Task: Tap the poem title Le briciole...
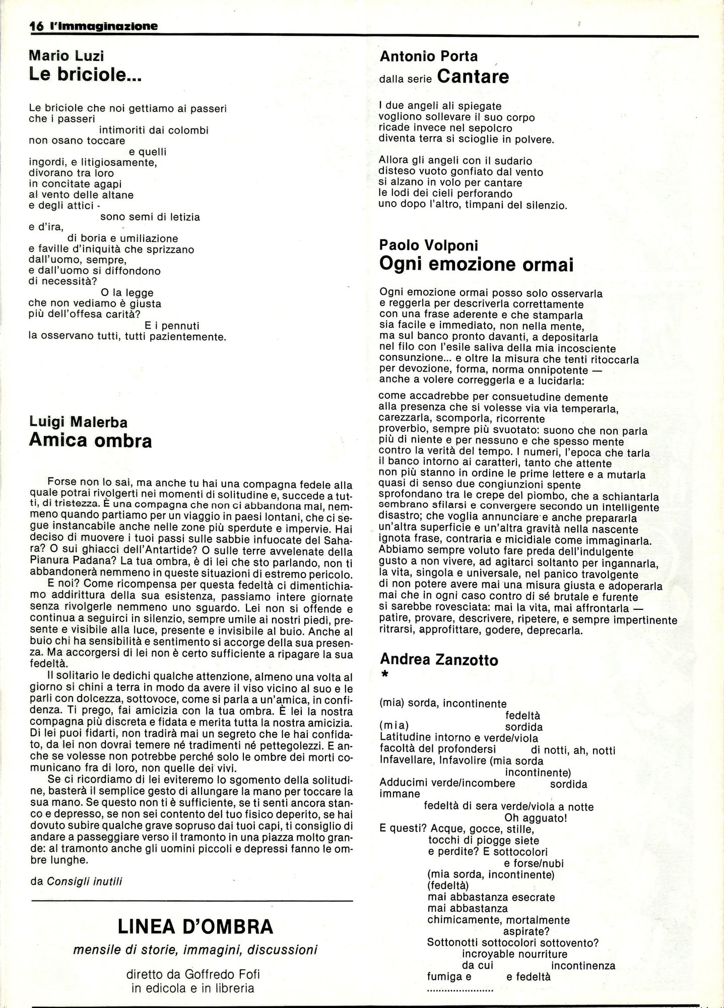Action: pyautogui.click(x=85, y=75)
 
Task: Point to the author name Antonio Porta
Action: pyautogui.click(x=429, y=56)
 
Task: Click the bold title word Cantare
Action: pyautogui.click(x=473, y=77)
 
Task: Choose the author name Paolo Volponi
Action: pyautogui.click(x=429, y=245)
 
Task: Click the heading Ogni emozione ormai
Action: pyautogui.click(x=476, y=265)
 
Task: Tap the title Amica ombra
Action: pyautogui.click(x=90, y=440)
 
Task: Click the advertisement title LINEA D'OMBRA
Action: pyautogui.click(x=195, y=926)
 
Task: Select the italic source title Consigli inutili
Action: pyautogui.click(x=85, y=881)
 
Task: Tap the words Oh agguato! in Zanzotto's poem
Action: pyautogui.click(x=536, y=818)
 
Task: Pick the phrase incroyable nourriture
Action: pyautogui.click(x=514, y=954)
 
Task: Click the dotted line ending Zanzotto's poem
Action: pyautogui.click(x=460, y=989)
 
